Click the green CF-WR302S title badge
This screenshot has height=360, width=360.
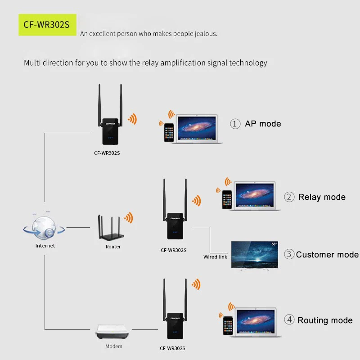(47, 25)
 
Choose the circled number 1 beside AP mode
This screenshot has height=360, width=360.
(235, 124)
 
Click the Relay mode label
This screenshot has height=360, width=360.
(322, 197)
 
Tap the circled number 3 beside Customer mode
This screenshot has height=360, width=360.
(289, 254)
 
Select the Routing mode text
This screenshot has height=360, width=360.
(325, 320)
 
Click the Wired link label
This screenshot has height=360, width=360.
(215, 257)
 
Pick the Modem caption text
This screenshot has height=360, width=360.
(113, 346)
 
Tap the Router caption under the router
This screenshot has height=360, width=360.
(113, 247)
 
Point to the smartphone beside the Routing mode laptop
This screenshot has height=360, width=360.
(228, 325)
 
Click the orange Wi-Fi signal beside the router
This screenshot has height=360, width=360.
(129, 218)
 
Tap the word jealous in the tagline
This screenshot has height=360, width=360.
(206, 34)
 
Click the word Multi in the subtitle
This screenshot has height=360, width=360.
(33, 63)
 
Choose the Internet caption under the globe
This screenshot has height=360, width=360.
(45, 246)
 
